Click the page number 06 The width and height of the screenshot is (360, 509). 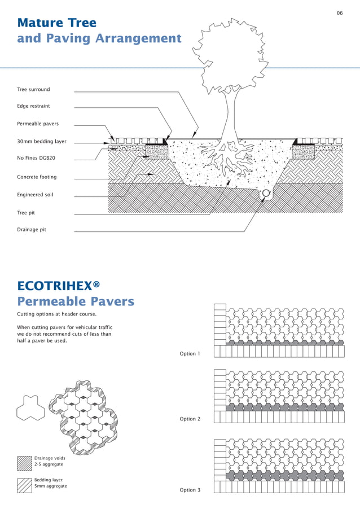[340, 13]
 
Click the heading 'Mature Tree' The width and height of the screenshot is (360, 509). [57, 23]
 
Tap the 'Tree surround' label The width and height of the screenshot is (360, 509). [33, 89]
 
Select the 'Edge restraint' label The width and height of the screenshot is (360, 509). [33, 106]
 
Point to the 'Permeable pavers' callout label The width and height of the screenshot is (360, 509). [38, 124]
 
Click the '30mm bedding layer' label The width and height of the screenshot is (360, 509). [42, 141]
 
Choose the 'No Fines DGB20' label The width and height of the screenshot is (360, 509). [36, 158]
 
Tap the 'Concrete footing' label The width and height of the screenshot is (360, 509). [37, 177]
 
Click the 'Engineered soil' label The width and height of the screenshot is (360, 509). [35, 195]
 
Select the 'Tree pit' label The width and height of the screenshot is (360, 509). [26, 213]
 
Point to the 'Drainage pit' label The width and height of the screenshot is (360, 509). [32, 230]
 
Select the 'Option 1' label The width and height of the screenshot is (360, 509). [190, 354]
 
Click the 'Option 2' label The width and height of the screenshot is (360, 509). [190, 419]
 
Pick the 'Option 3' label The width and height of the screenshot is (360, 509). [190, 490]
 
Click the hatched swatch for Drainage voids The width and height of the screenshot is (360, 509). [24, 463]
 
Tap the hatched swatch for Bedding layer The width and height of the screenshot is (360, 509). [24, 485]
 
